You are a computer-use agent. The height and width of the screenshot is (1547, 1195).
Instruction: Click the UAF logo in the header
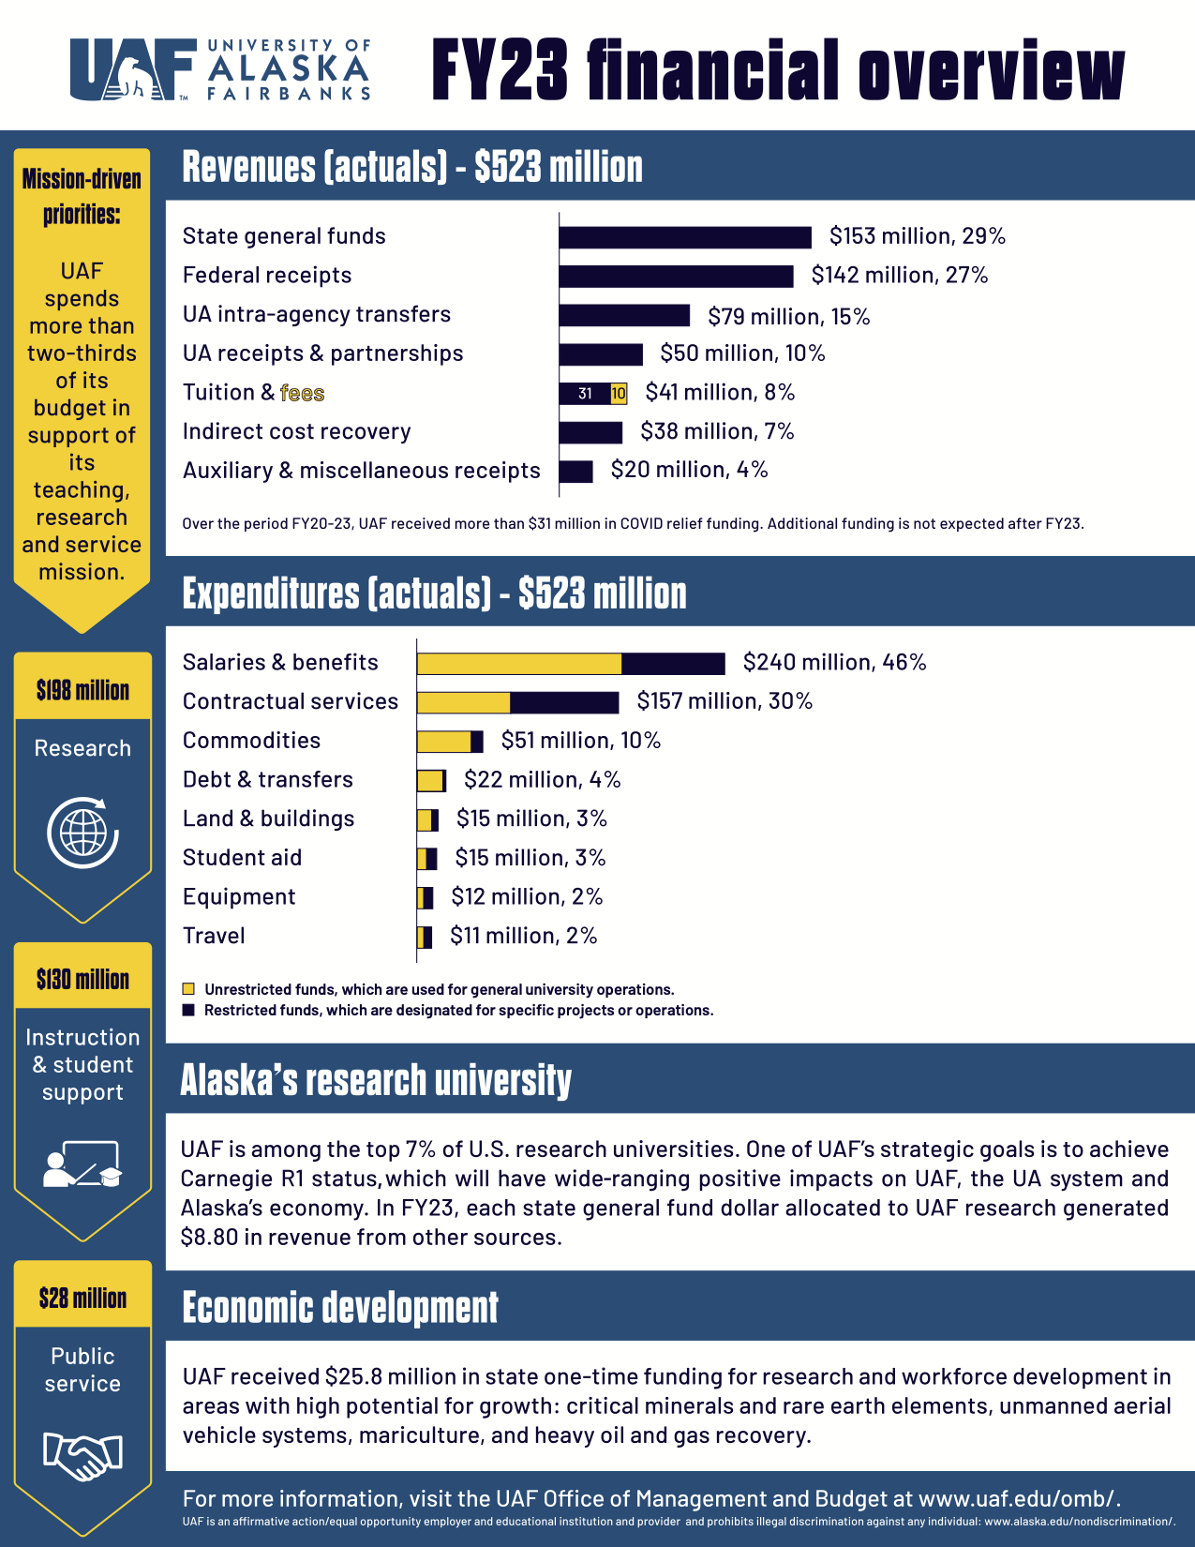point(220,69)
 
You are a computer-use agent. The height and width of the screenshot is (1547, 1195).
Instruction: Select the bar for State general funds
point(685,237)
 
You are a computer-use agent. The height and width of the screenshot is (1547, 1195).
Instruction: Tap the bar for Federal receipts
point(676,277)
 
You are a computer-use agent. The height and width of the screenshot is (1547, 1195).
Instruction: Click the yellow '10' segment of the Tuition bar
point(619,394)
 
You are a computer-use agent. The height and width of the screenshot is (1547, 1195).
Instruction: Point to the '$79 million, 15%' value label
point(789,317)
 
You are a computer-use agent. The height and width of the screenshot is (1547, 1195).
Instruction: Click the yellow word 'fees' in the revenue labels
point(302,393)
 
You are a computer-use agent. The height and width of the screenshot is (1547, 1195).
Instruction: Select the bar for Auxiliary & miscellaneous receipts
point(576,472)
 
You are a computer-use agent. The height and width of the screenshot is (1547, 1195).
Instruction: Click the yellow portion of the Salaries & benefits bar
point(519,664)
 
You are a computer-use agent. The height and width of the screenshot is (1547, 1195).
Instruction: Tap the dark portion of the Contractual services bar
point(564,702)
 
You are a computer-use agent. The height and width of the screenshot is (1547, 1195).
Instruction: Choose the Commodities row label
point(251,741)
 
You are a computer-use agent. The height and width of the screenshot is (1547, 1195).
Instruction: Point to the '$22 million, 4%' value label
point(542,780)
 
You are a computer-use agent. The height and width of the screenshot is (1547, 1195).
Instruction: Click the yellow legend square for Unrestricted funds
point(188,989)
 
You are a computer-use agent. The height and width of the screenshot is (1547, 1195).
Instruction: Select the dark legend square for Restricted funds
point(188,1010)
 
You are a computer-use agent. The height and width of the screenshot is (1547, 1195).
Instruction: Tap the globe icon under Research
point(82,833)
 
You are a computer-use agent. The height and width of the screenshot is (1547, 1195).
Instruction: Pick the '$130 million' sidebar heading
point(82,980)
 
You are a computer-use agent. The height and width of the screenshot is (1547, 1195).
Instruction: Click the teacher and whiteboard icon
point(82,1164)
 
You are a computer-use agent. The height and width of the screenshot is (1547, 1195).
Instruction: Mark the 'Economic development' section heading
point(340,1308)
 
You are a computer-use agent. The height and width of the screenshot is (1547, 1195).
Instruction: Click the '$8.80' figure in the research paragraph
point(209,1238)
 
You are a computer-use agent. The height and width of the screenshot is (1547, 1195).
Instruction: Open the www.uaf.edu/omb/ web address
point(1018,1498)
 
